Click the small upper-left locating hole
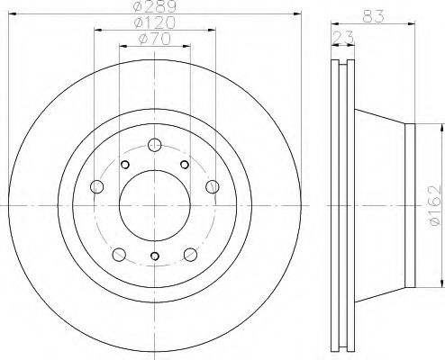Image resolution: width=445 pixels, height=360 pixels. (126, 164)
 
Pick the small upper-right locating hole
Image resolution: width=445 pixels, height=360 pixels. (184, 164)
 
